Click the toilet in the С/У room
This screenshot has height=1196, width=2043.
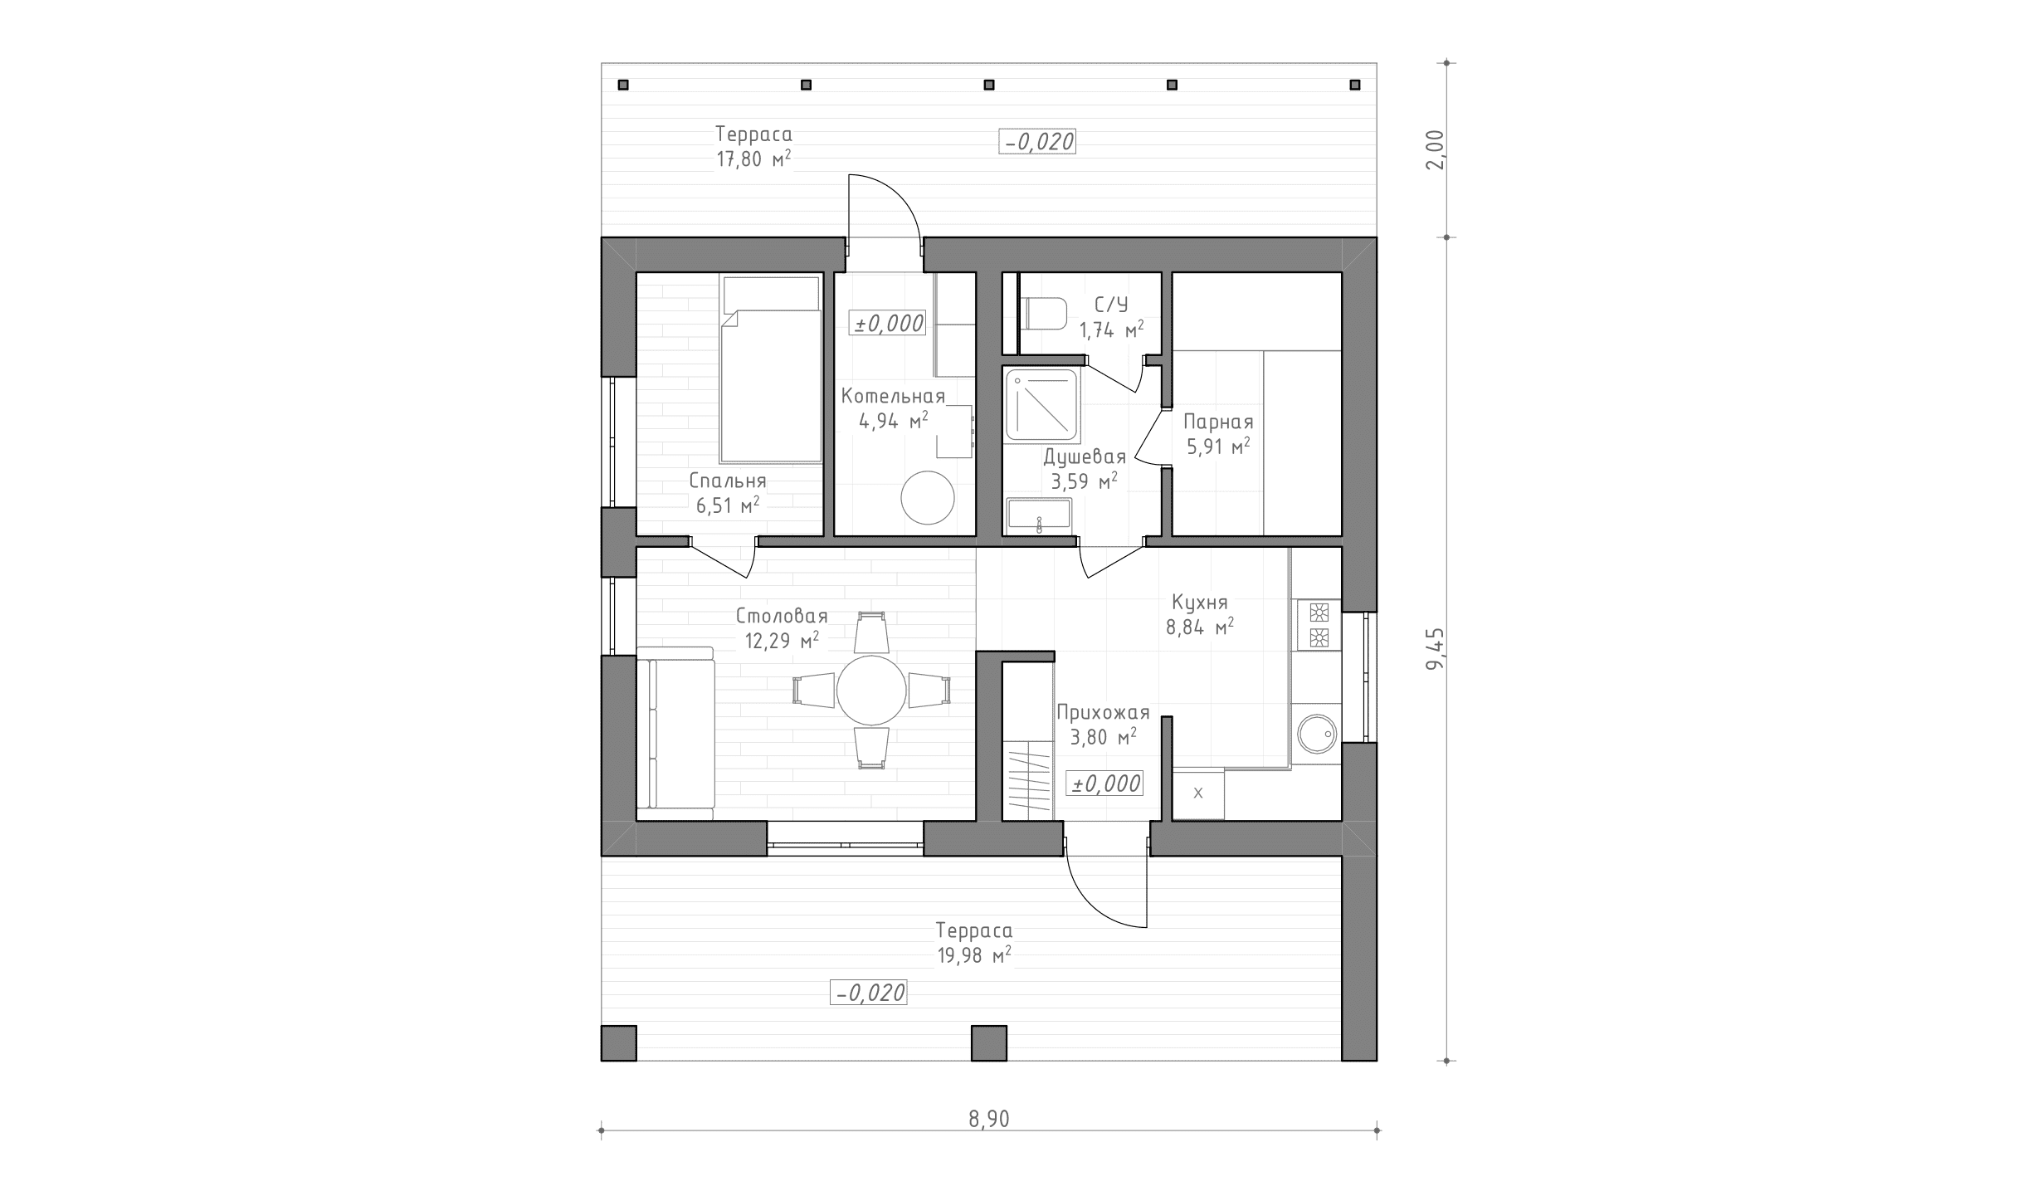tap(1043, 314)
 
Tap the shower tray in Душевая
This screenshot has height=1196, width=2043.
tap(1042, 405)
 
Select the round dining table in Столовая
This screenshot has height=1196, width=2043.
tap(871, 690)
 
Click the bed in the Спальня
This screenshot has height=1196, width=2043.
tap(771, 369)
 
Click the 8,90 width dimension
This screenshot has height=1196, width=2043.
tap(988, 1120)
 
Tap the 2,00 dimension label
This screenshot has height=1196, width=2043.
tap(1435, 149)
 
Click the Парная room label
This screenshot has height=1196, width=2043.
tap(1218, 422)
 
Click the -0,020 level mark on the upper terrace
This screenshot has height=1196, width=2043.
tap(1037, 142)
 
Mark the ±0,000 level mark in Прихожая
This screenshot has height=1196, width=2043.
tap(1105, 784)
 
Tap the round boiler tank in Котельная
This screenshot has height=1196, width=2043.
tap(928, 497)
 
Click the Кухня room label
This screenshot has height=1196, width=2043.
tap(1199, 602)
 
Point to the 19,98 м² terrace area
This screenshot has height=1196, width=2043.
tap(974, 954)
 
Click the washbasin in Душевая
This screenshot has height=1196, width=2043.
tap(1039, 516)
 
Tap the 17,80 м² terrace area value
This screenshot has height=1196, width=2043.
tap(753, 159)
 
